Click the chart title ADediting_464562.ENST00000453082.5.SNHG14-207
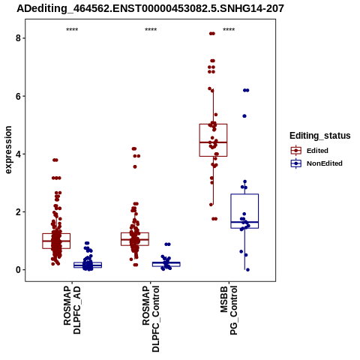[150, 9]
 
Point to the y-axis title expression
[8, 150]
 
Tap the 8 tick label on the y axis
[18, 38]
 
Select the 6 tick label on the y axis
[18, 96]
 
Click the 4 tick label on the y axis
[18, 154]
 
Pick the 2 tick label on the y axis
[18, 212]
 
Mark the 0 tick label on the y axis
[18, 270]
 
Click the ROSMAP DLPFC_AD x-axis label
[72, 310]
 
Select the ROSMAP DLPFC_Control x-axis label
[151, 319]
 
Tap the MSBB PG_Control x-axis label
[229, 310]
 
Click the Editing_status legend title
[320, 136]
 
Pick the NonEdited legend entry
[316, 163]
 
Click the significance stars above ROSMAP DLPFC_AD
[72, 30]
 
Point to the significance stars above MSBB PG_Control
[229, 30]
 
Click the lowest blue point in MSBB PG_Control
[247, 270]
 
